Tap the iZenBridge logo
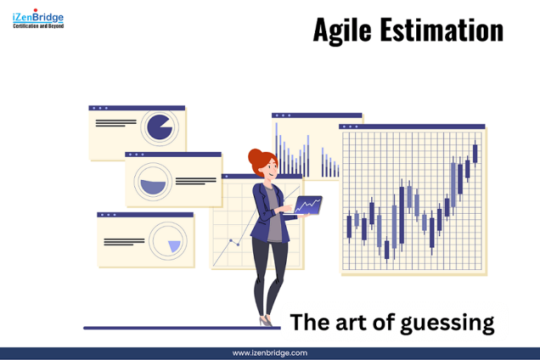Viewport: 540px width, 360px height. tap(39, 20)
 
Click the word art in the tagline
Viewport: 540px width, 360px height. tap(354, 323)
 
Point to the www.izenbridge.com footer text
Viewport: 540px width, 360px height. tap(270, 353)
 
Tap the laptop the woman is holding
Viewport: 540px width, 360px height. tap(307, 205)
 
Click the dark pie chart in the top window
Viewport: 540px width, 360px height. tap(160, 127)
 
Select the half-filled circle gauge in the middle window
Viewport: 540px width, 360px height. tap(153, 184)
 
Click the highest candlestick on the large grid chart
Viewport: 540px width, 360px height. tap(475, 153)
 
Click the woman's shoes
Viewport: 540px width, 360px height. tap(266, 321)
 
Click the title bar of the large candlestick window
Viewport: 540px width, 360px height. tap(412, 127)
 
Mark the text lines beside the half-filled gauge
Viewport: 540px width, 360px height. tap(195, 181)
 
